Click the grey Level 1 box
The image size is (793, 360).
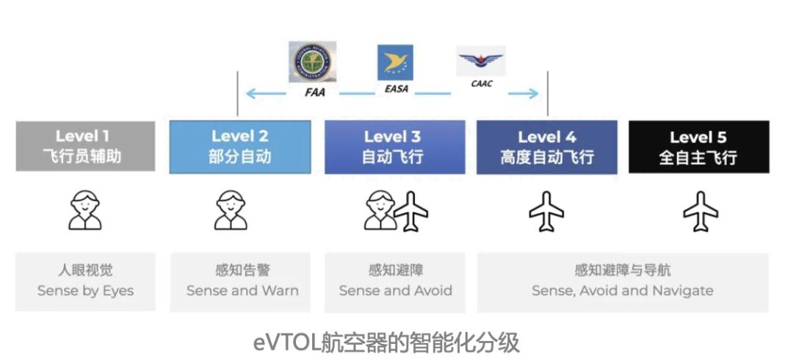click(x=85, y=146)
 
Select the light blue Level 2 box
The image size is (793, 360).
click(x=239, y=146)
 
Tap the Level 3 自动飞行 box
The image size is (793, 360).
click(x=394, y=146)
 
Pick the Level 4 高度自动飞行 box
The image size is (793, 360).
click(x=546, y=146)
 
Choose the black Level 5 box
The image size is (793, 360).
click(x=698, y=146)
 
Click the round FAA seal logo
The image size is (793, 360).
click(x=313, y=62)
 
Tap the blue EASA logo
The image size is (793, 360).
click(x=395, y=62)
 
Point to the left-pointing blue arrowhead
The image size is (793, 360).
click(x=251, y=93)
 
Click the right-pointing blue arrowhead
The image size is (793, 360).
click(x=534, y=93)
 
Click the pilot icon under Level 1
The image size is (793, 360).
click(x=85, y=210)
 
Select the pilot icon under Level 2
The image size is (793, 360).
click(x=231, y=210)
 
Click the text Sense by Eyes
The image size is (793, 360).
click(x=85, y=290)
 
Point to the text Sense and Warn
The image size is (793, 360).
click(x=242, y=290)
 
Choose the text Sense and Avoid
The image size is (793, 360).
click(x=395, y=290)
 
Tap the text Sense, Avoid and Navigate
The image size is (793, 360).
click(x=622, y=290)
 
